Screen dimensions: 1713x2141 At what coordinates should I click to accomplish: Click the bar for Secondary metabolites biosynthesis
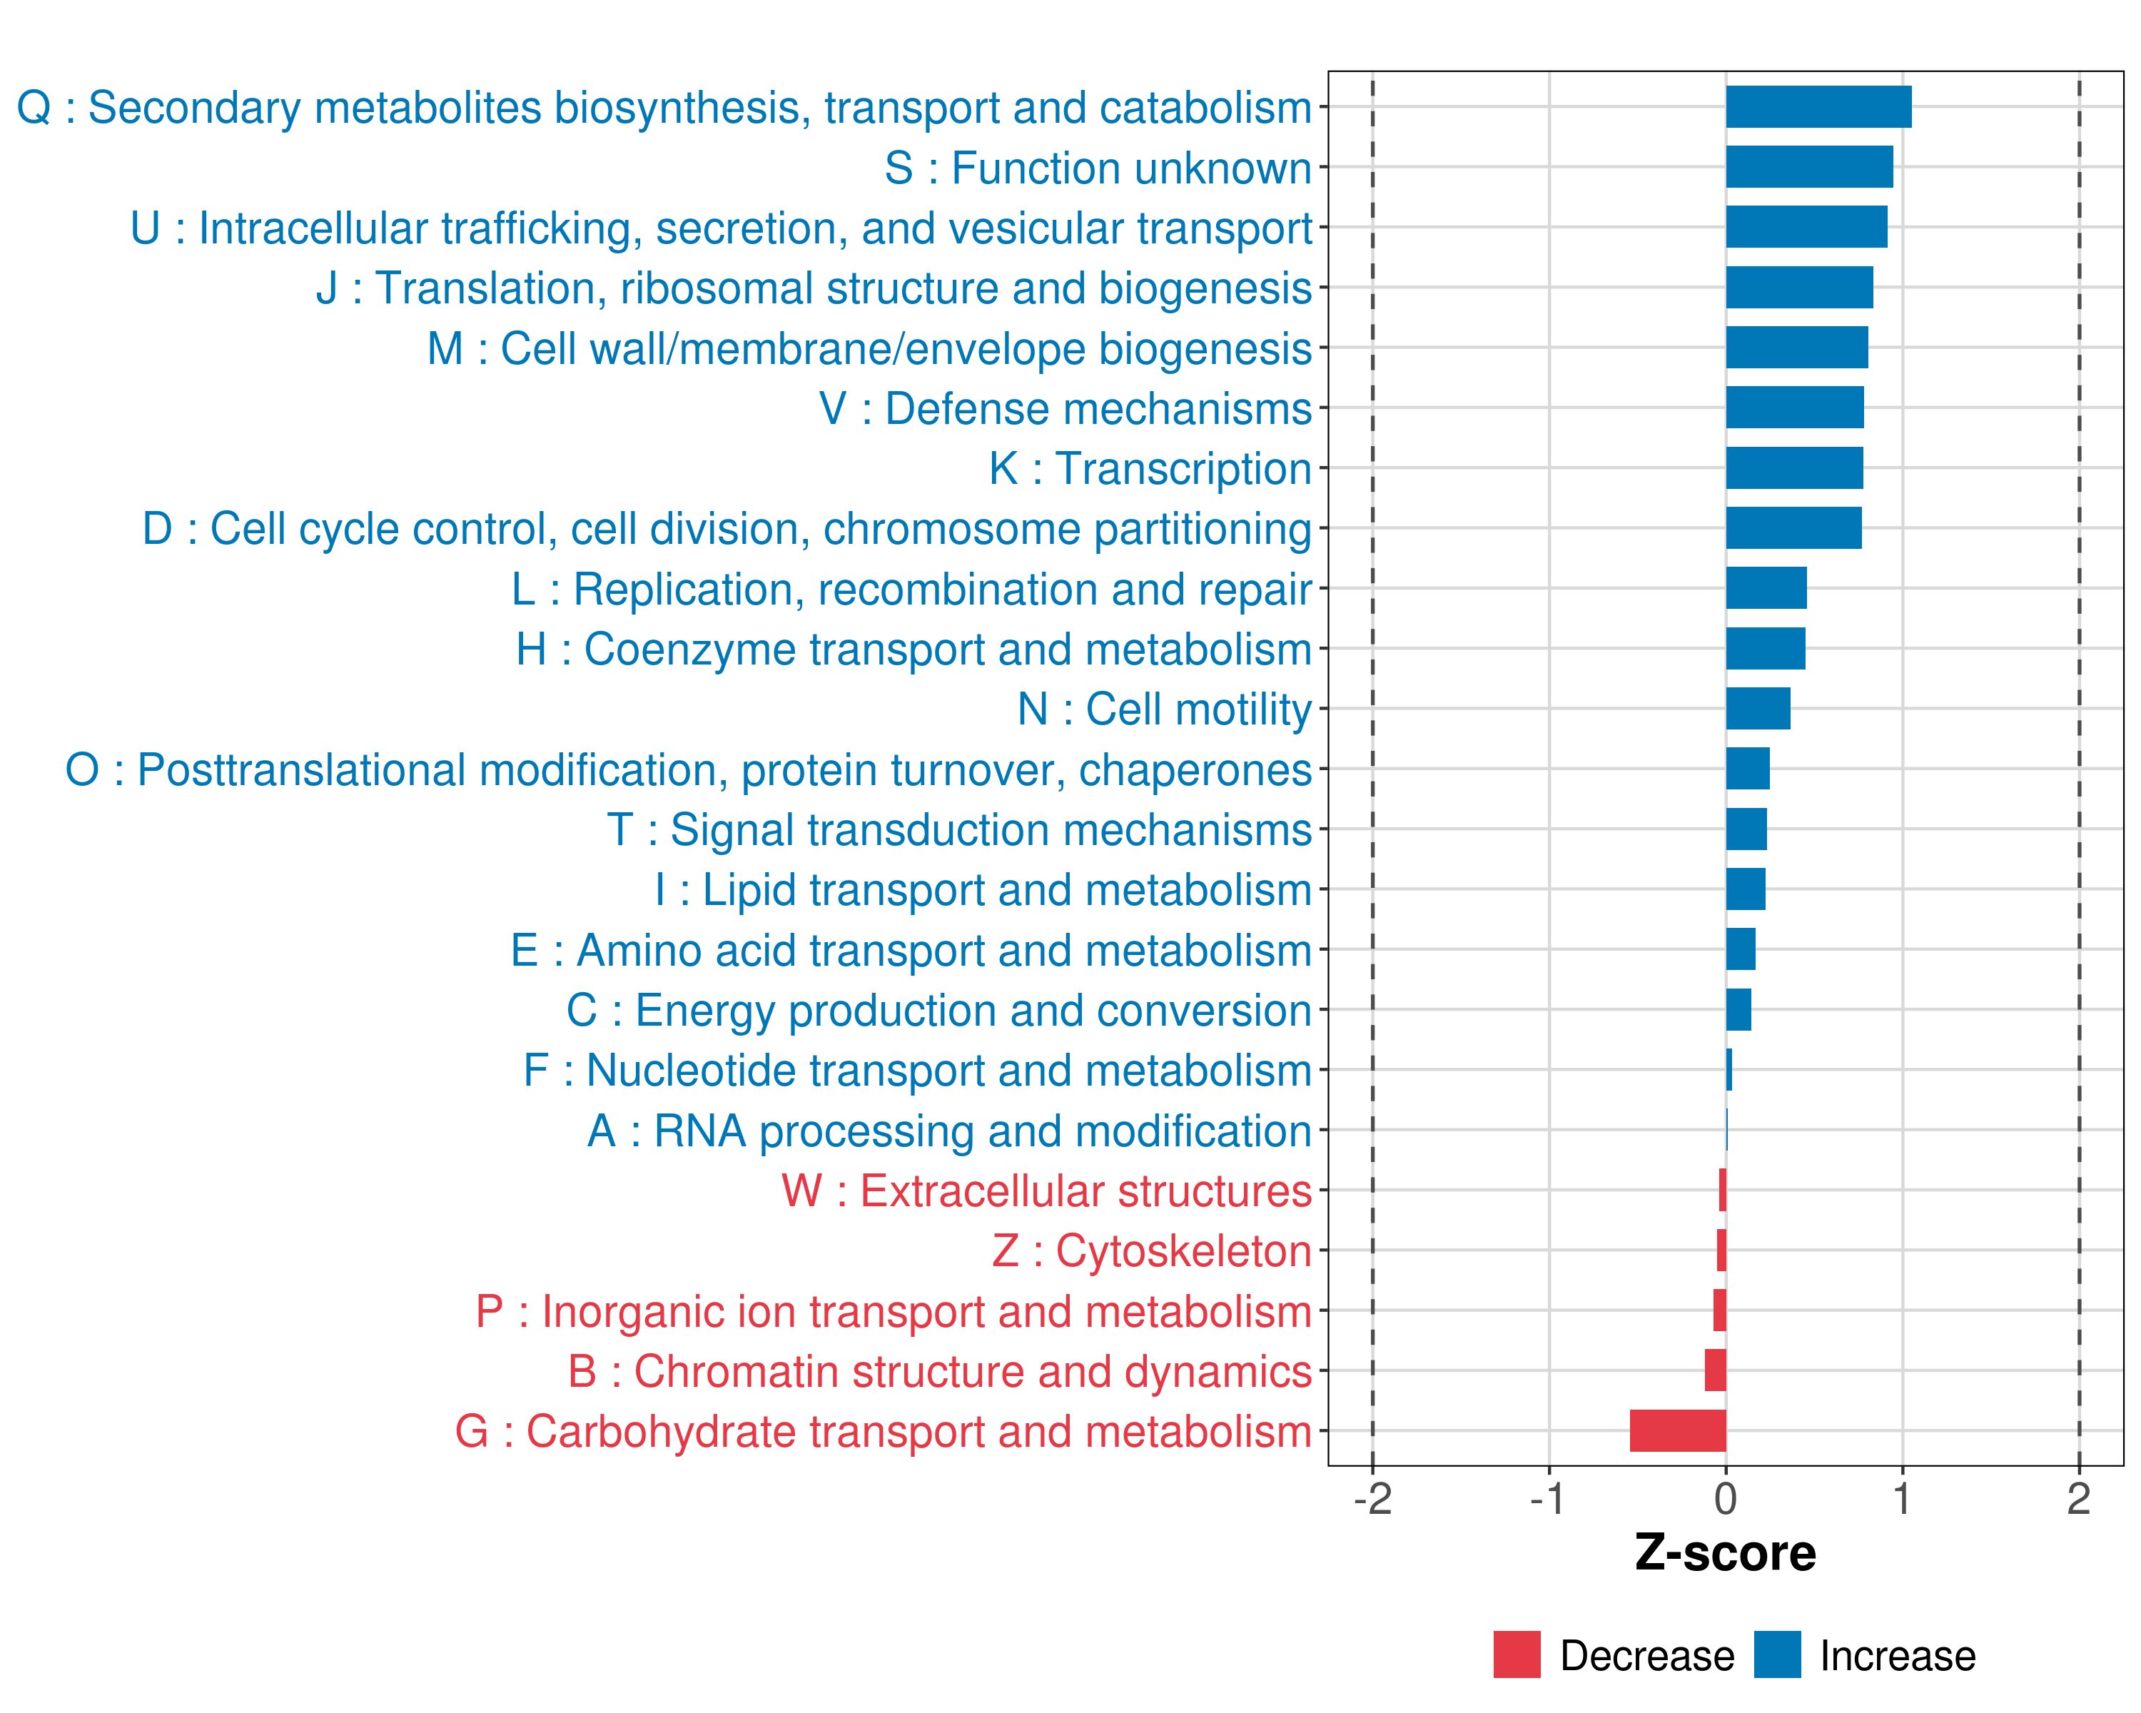click(1818, 107)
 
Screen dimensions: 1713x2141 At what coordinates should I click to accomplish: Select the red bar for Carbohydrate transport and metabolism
click(1679, 1431)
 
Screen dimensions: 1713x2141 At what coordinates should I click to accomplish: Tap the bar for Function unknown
click(1809, 167)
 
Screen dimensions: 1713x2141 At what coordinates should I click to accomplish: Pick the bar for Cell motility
click(1758, 709)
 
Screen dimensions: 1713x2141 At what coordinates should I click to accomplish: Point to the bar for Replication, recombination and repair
click(1766, 588)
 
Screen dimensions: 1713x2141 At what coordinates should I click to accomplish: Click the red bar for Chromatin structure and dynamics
click(1716, 1370)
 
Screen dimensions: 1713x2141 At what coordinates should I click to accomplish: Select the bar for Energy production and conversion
click(1738, 1010)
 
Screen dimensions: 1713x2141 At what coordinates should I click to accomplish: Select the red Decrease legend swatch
click(1517, 1654)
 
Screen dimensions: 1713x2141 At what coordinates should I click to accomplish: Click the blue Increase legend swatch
click(1776, 1654)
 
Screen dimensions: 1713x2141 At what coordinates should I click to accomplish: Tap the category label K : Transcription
click(1150, 469)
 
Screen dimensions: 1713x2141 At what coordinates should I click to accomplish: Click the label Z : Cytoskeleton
click(1152, 1251)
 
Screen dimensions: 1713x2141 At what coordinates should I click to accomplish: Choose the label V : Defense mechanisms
click(1066, 408)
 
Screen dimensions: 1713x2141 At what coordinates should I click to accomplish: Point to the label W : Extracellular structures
click(1047, 1191)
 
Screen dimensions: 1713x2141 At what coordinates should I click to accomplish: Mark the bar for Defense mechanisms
click(1794, 407)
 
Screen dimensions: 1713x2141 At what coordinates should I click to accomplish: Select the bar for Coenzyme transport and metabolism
click(1766, 649)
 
